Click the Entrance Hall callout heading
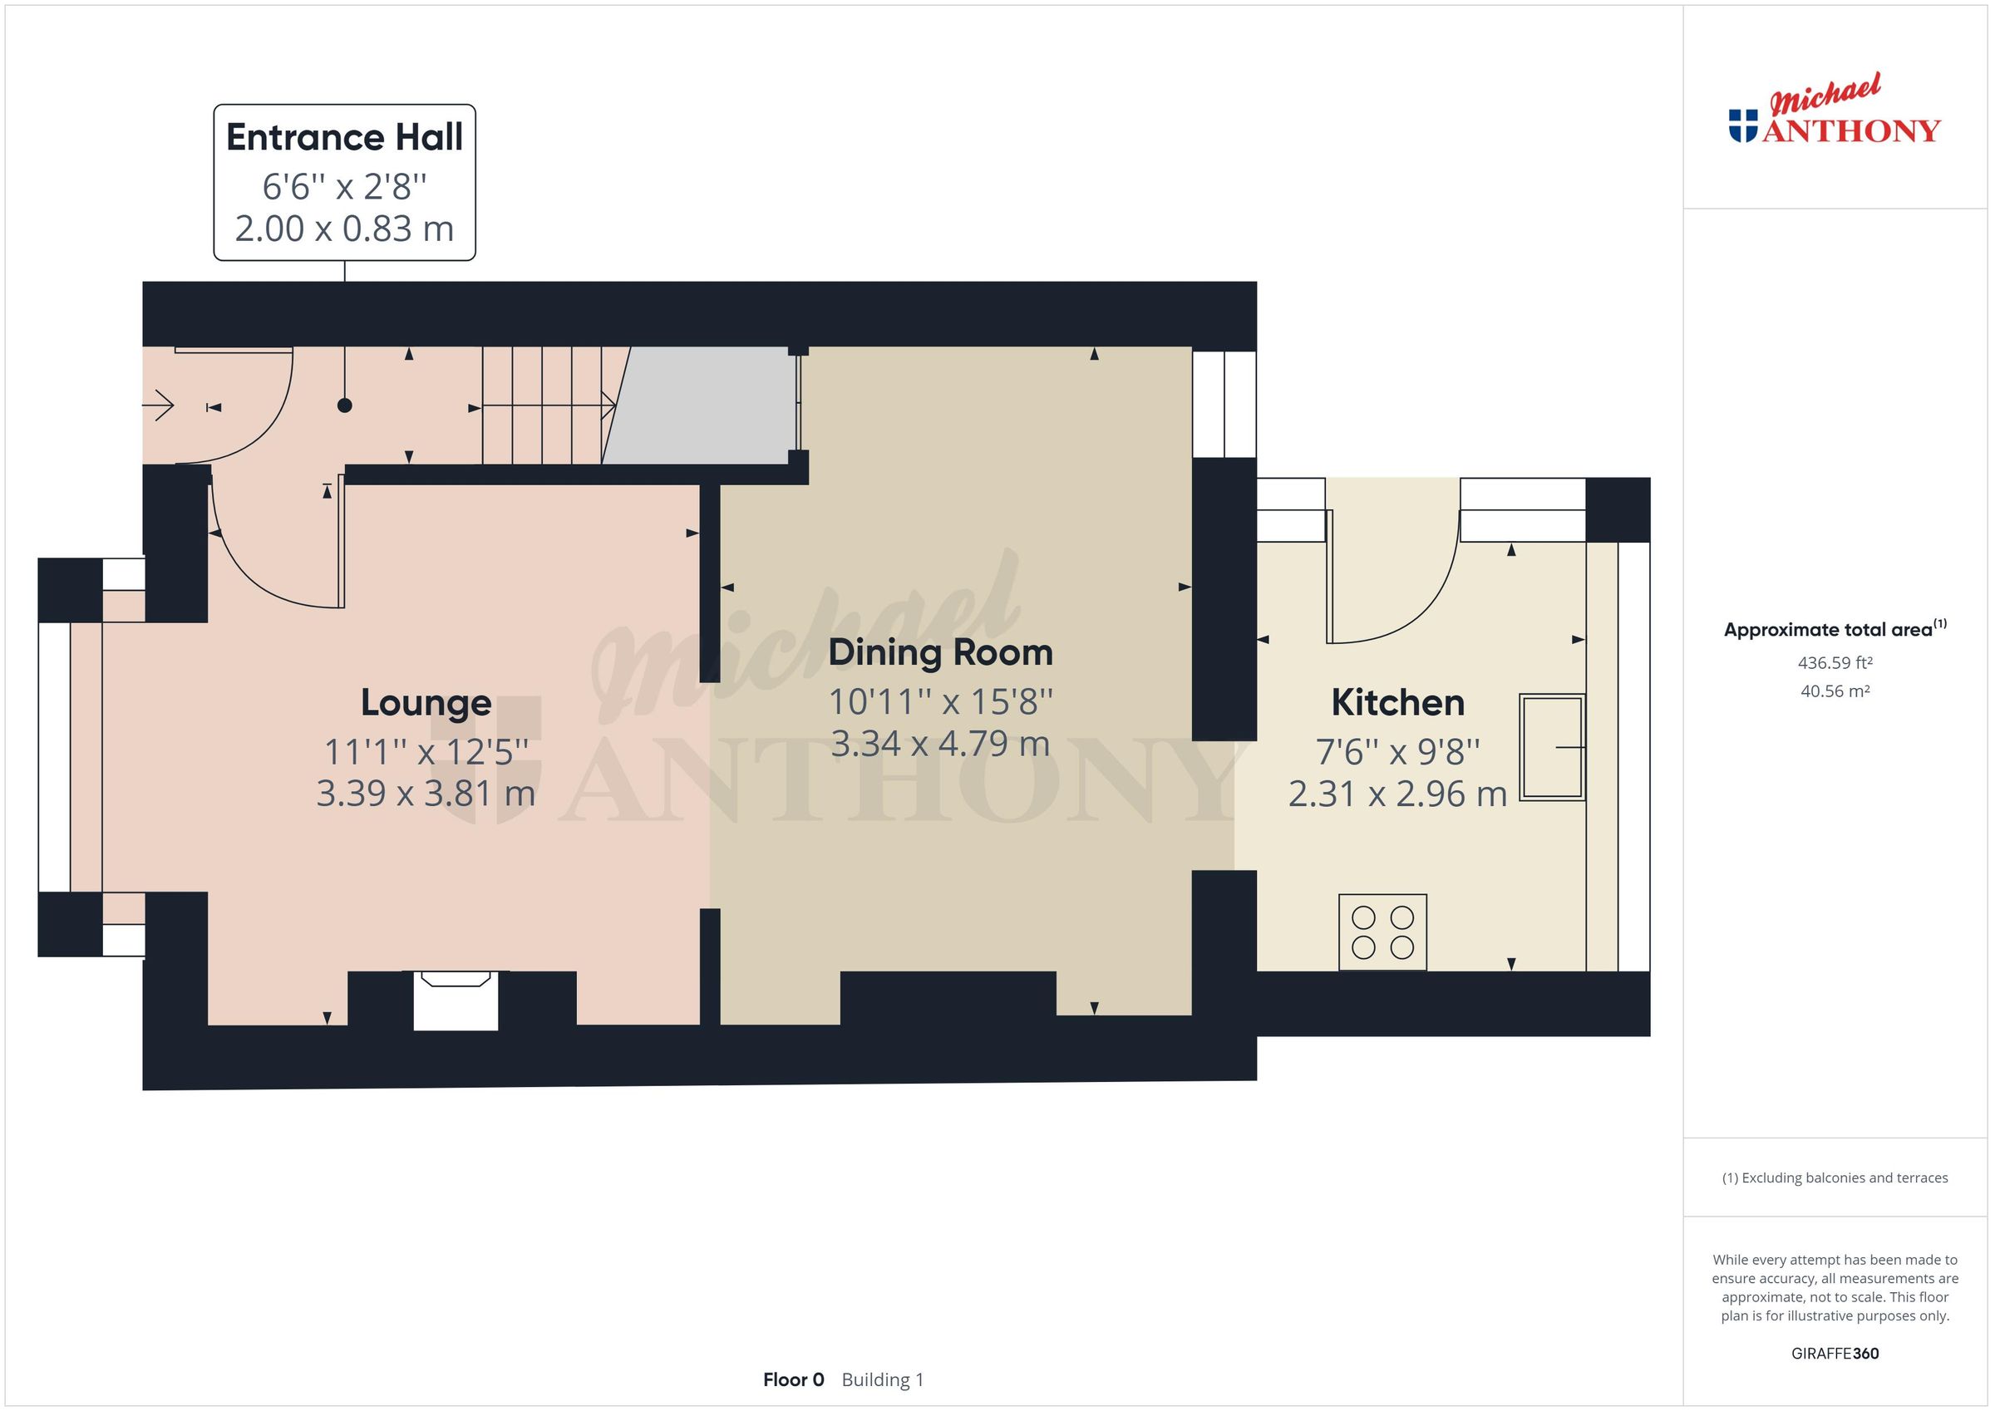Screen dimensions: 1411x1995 (344, 137)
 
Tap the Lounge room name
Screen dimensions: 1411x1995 (426, 703)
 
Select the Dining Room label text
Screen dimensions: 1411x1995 (940, 652)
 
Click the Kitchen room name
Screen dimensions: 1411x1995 (1397, 703)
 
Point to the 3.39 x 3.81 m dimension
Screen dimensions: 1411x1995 (426, 794)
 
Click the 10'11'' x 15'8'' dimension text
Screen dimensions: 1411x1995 (940, 701)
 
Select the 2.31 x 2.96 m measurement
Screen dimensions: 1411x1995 (1397, 794)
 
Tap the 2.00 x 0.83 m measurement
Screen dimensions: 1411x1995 (344, 229)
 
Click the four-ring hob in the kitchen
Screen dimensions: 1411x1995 (1382, 932)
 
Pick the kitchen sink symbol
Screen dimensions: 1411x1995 (1552, 747)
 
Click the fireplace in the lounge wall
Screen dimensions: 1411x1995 (456, 1000)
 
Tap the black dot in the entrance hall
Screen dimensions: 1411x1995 (345, 406)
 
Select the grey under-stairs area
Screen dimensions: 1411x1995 (704, 406)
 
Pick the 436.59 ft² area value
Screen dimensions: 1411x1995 (1835, 663)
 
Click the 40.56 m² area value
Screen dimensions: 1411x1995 (1835, 691)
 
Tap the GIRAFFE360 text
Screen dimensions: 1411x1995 (1835, 1354)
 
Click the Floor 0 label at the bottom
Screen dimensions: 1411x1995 (792, 1379)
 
